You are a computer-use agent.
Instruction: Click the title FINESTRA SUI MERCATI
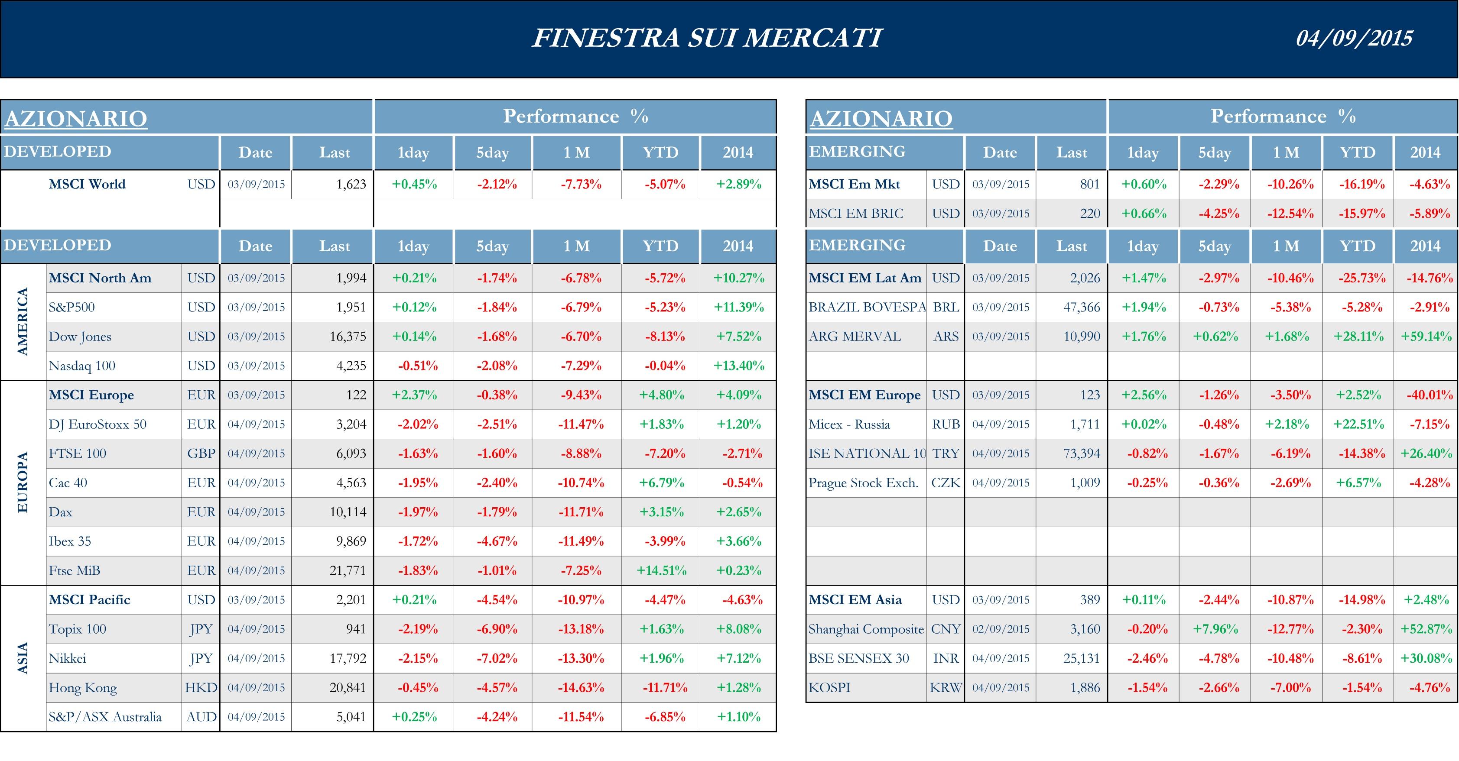707,39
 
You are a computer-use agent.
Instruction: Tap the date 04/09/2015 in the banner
1354,39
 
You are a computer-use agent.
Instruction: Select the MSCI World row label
87,185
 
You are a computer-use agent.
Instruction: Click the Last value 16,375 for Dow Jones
348,337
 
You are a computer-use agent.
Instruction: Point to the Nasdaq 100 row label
82,366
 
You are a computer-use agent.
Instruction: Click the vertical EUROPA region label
23,483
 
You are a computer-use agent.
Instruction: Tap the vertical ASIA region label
23,658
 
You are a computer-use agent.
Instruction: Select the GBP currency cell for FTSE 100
201,454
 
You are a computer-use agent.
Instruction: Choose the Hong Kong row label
83,688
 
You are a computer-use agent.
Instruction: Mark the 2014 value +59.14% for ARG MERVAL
1426,337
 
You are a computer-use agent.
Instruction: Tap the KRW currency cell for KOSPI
945,688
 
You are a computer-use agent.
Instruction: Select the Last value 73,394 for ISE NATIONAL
1081,454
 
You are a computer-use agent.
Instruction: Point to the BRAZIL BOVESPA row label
867,308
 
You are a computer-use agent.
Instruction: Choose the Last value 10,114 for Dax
348,512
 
